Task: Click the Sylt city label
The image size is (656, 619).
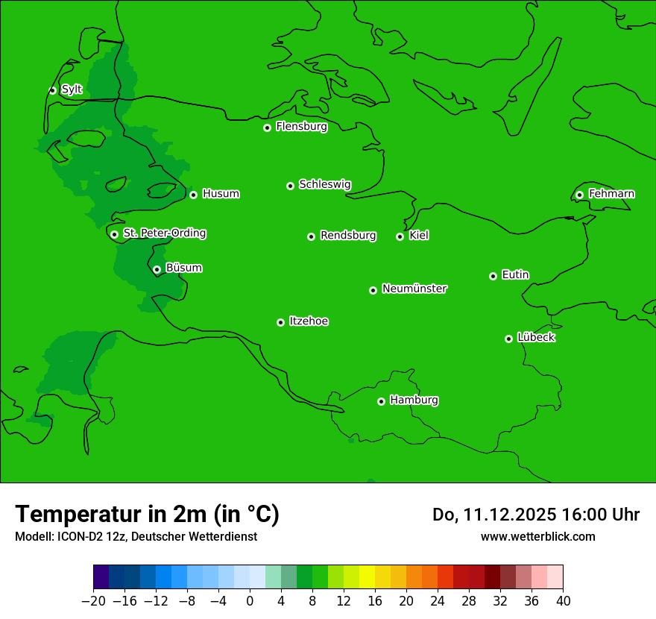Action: tap(72, 89)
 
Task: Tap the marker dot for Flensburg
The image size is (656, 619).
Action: tap(267, 128)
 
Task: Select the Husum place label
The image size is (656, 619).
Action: tap(221, 194)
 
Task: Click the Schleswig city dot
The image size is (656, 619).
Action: tap(290, 186)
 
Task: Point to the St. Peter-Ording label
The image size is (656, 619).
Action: tap(164, 233)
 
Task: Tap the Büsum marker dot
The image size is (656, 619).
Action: tap(157, 269)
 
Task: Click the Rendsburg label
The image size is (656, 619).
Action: tap(348, 236)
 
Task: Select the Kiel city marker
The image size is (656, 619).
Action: tap(400, 236)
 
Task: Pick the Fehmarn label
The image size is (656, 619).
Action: tap(611, 194)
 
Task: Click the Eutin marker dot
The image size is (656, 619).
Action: tap(493, 276)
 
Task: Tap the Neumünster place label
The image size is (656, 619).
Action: tap(414, 289)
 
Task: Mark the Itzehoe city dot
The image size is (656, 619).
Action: tap(280, 322)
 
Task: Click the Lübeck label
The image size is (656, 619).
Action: tap(536, 337)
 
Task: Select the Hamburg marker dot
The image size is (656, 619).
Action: tap(381, 401)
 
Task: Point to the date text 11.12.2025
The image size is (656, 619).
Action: tap(508, 515)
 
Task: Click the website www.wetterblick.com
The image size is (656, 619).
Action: tap(537, 536)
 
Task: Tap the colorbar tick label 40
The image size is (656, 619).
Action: tap(563, 601)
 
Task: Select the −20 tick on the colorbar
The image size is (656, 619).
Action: tap(93, 601)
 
